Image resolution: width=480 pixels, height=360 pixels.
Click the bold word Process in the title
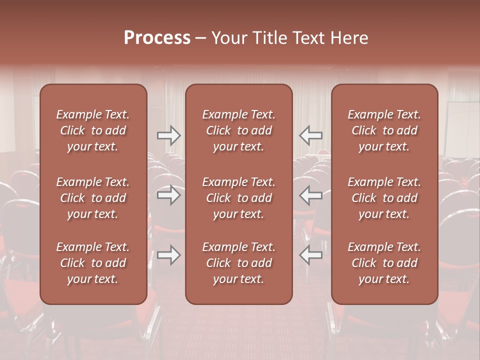(157, 38)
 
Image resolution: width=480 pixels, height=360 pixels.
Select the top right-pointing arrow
(168, 135)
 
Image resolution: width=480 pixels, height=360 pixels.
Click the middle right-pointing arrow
(168, 195)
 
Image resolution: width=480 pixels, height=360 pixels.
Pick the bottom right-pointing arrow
(168, 255)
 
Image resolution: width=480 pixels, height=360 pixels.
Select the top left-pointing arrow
(310, 135)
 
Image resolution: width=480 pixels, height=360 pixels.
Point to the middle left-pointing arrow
(310, 195)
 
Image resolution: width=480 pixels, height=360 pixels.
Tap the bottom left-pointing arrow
(310, 255)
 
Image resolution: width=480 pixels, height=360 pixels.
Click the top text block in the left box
(93, 130)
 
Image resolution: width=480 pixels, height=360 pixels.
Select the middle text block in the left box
(93, 198)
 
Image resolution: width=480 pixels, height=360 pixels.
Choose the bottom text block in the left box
(93, 263)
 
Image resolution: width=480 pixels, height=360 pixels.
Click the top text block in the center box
(238, 130)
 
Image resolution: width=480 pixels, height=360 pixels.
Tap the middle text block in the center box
(238, 198)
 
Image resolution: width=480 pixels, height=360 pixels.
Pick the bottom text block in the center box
(238, 263)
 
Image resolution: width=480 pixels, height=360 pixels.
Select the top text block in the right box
(384, 130)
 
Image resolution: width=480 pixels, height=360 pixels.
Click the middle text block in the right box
(384, 198)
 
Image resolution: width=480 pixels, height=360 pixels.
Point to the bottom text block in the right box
(384, 263)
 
